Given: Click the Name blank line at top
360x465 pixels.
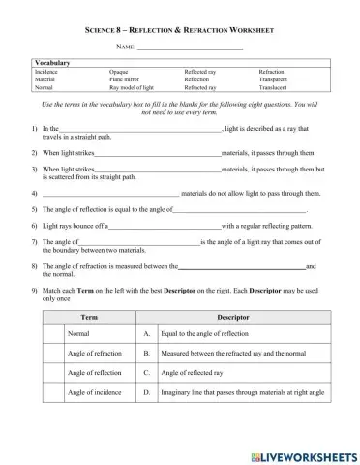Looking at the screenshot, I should (190, 48).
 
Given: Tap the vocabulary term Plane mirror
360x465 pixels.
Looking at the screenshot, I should (126, 78).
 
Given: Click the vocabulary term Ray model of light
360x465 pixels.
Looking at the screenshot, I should (133, 86).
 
